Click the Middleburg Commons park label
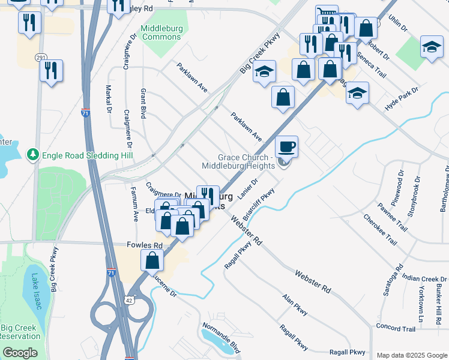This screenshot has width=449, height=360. point(160,32)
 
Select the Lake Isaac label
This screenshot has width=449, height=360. point(34,292)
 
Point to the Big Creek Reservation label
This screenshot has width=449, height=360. point(20,332)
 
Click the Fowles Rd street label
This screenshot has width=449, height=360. point(145,245)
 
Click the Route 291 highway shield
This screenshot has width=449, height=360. point(40,57)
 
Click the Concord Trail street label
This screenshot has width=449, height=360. point(396,329)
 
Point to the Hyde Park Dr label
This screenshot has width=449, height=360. point(401,96)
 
